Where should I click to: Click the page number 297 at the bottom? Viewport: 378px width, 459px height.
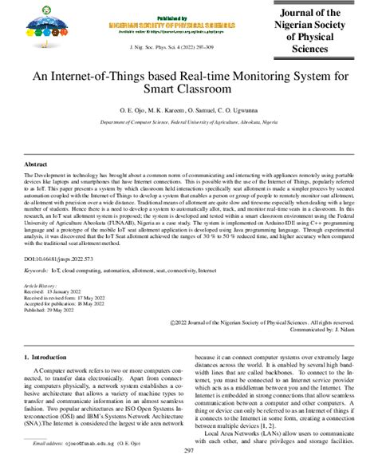[x=189, y=451]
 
